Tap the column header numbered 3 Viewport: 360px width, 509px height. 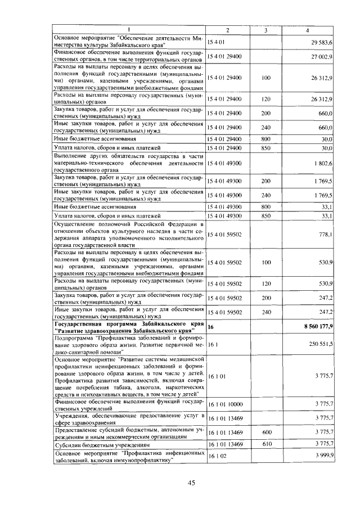[266, 30]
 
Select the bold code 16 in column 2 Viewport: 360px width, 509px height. [211, 327]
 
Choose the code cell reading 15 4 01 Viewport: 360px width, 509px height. [216, 42]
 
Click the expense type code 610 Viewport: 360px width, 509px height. [266, 444]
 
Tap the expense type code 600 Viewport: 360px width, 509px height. [266, 432]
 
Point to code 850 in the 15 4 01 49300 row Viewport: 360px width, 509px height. [266, 215]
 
